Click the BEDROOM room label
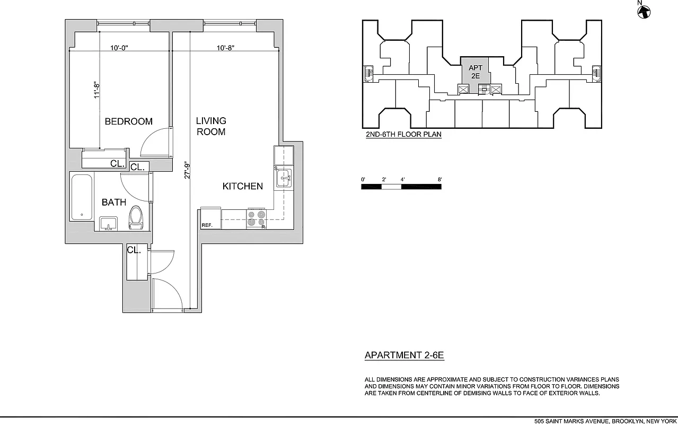(128, 121)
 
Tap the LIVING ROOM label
(211, 126)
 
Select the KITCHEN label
(242, 186)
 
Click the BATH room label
(114, 202)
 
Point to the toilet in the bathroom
(136, 218)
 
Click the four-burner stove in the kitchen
(257, 219)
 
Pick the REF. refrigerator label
(207, 225)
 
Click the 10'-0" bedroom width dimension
(119, 48)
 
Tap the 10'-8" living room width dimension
(225, 48)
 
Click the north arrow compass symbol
(644, 11)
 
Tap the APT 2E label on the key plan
(476, 72)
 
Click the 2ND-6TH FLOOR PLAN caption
(403, 135)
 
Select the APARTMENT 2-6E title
(404, 356)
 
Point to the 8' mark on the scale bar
(439, 180)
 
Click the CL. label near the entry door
(134, 250)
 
